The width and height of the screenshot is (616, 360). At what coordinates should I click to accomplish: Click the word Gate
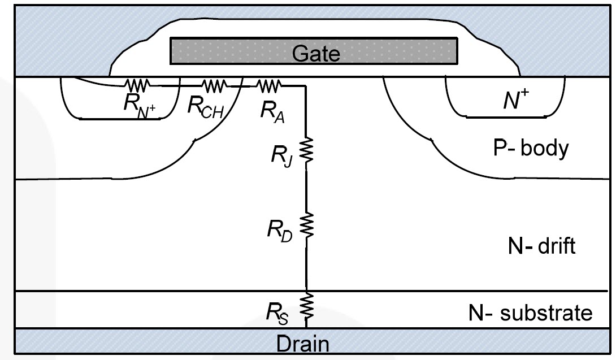pos(316,54)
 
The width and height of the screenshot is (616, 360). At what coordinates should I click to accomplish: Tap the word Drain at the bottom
pos(302,344)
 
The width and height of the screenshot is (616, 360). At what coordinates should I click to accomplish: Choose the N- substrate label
pos(530,312)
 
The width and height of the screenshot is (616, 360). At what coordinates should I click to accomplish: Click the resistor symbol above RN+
pos(137,86)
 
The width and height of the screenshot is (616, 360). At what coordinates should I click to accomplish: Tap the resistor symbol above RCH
pos(215,86)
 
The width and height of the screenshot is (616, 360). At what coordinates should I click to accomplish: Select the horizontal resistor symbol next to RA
pos(269,86)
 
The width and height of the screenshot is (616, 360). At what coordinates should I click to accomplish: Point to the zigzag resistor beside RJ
pos(306,150)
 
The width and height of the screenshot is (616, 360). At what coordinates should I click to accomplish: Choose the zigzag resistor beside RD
pos(306,225)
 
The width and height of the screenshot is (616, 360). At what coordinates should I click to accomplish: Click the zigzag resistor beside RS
pos(306,306)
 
